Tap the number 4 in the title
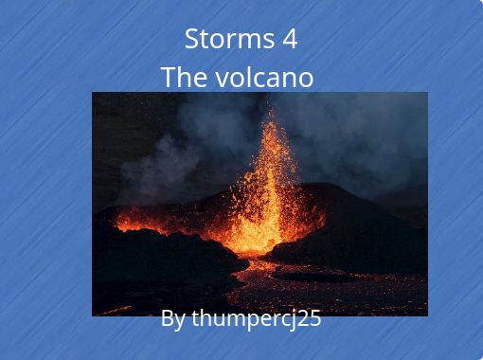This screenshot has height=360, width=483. [x=289, y=39]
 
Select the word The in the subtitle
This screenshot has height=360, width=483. [x=182, y=77]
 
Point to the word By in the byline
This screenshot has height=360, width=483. [x=172, y=318]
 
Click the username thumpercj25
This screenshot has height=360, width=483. [x=257, y=318]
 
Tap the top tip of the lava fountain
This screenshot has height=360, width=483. [x=270, y=111]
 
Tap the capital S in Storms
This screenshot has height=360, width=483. [x=191, y=39]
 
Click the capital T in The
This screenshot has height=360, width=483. [x=168, y=77]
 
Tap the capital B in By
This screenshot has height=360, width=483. [x=168, y=318]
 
